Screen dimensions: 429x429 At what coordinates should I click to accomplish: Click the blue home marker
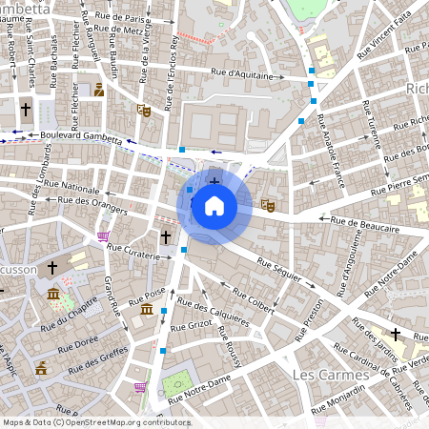point(214,205)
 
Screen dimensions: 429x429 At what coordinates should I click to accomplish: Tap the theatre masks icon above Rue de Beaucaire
point(269,204)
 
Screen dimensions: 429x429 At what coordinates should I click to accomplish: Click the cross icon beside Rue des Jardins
point(394,335)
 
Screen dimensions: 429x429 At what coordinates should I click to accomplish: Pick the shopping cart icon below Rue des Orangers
point(103,235)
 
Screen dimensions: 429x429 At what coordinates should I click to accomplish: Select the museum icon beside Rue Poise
point(146,310)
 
